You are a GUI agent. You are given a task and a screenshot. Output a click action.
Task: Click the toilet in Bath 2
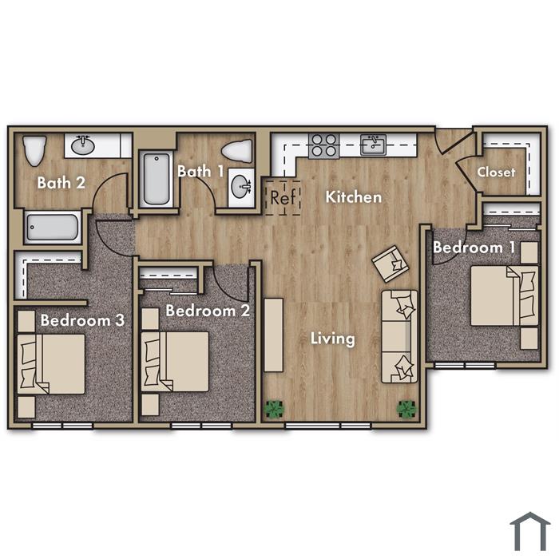pos(34,150)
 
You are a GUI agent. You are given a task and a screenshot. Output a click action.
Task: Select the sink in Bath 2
pos(83,145)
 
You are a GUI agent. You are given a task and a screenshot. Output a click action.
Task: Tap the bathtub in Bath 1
pos(157,179)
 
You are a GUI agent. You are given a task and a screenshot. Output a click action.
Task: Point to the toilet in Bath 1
pos(237,151)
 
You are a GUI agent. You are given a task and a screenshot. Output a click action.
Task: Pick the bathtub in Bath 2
pos(53,228)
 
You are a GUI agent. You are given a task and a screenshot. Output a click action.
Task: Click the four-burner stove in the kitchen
pos(323,146)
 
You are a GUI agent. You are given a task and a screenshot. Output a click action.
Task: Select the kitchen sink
pos(373,145)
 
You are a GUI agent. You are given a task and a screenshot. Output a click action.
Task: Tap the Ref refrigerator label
pos(283,197)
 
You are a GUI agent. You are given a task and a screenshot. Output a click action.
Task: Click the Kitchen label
pos(354,197)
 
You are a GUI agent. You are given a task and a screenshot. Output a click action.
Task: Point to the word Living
pos(333,339)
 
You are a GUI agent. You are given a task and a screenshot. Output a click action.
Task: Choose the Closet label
pos(496,172)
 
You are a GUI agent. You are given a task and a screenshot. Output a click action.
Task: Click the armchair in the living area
pos(390,264)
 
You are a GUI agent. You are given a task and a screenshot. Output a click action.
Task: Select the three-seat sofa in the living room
pos(399,336)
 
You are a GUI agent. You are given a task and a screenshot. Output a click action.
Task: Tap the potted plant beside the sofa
pos(406,409)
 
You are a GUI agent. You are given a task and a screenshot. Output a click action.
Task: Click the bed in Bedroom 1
pos(505,295)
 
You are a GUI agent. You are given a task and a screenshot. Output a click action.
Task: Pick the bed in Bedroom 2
pos(175,362)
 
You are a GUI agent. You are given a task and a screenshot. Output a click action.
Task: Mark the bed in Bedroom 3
pos(51,364)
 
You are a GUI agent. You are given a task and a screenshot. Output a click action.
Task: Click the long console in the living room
pos(273,335)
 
